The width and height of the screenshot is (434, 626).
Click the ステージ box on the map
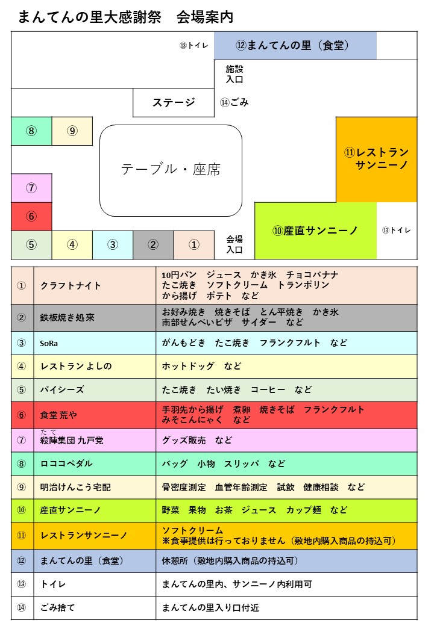click(x=174, y=102)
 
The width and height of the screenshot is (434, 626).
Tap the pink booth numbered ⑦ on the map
click(x=31, y=188)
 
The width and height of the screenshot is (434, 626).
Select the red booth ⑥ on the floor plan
click(x=31, y=217)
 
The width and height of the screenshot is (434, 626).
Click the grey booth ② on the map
click(x=153, y=245)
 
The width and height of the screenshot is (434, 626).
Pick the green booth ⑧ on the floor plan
click(x=31, y=131)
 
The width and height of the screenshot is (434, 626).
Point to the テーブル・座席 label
click(x=171, y=169)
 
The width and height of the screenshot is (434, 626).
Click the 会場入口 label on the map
click(x=234, y=244)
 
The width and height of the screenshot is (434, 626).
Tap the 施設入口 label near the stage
click(x=234, y=74)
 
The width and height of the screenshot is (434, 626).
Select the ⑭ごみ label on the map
click(x=234, y=102)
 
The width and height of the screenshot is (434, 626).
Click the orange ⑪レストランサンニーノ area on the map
click(x=377, y=160)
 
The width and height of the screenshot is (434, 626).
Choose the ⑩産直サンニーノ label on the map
click(x=315, y=231)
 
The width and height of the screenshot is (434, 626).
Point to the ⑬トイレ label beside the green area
click(x=397, y=231)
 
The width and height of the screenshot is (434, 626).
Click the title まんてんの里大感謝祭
click(x=90, y=17)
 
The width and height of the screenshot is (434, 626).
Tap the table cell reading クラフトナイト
click(x=71, y=286)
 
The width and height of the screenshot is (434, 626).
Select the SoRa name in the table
click(x=49, y=343)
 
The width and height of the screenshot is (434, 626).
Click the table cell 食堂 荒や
click(x=58, y=415)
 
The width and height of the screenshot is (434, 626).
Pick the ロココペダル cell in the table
click(x=66, y=464)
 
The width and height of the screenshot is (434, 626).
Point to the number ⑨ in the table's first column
click(x=22, y=488)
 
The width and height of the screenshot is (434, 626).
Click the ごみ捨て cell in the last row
click(x=57, y=607)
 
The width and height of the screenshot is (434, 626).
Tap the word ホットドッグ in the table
click(x=188, y=367)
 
